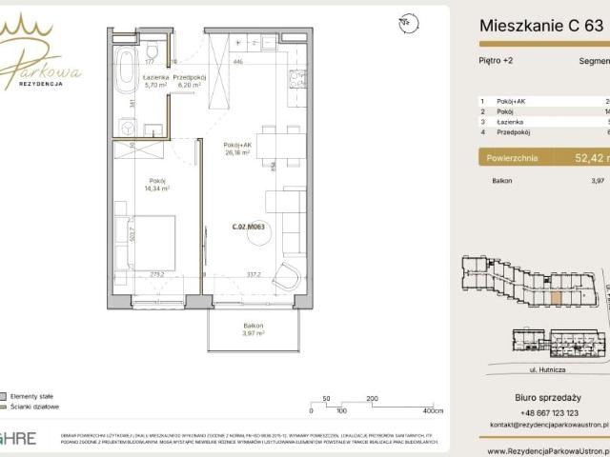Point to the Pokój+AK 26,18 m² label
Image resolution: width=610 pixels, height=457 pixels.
coord(236,149)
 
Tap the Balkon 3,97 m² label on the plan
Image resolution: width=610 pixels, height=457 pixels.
coord(253,329)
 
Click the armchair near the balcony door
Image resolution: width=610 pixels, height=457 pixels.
coord(285,277)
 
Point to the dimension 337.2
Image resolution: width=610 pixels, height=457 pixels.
coord(254,275)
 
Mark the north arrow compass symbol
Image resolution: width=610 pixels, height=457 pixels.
coord(408,20)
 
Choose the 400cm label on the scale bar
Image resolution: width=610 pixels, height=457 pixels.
coord(433,411)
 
